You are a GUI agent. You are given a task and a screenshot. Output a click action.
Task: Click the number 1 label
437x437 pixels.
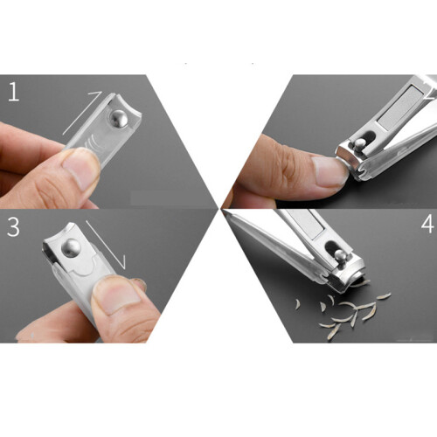14,92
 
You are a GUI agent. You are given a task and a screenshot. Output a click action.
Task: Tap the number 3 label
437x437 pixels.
13,226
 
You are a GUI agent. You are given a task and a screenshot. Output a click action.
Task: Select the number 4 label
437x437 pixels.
427,225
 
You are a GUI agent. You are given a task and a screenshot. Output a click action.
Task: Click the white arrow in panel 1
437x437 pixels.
82,113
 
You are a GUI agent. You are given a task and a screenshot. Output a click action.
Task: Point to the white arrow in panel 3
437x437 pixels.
106,245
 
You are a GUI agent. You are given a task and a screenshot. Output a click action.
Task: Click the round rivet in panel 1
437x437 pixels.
118,119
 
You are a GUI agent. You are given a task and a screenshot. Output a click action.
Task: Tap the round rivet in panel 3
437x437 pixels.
71,248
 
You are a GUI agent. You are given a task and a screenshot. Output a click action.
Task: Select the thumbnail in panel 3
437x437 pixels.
119,295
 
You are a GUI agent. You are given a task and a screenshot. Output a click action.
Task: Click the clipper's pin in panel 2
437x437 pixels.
359,144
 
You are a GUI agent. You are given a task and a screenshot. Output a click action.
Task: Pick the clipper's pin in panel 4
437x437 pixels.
341,256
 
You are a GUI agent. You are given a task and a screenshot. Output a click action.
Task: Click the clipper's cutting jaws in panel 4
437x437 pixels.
351,279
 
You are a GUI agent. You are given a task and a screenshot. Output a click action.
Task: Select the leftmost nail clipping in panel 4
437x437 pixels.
298,304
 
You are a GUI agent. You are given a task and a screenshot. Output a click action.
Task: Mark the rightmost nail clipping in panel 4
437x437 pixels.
384,296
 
